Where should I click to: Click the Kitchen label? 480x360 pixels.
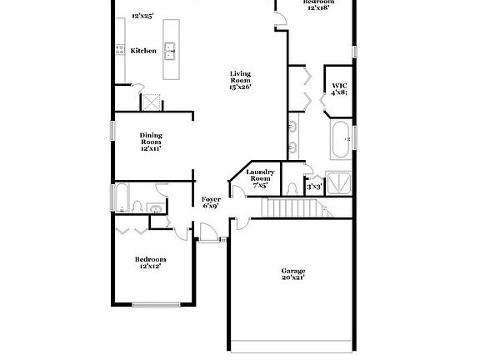pyautogui.click(x=143, y=51)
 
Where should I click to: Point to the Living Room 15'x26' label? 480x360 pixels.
pyautogui.click(x=240, y=80)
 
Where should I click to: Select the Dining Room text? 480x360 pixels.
pyautogui.click(x=150, y=142)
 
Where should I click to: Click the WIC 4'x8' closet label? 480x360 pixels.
pyautogui.click(x=339, y=89)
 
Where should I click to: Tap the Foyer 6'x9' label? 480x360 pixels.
pyautogui.click(x=211, y=202)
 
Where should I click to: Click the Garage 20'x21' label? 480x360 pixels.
pyautogui.click(x=292, y=274)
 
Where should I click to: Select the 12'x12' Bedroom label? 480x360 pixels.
pyautogui.click(x=150, y=262)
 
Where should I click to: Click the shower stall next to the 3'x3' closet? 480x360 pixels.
pyautogui.click(x=338, y=182)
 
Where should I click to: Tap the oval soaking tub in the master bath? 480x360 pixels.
pyautogui.click(x=341, y=140)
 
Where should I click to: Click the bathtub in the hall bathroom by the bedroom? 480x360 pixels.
pyautogui.click(x=122, y=198)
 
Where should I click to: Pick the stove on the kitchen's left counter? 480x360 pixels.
pyautogui.click(x=119, y=49)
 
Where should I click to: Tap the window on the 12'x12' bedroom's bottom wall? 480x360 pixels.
pyautogui.click(x=156, y=304)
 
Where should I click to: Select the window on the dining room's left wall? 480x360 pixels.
pyautogui.click(x=112, y=132)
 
